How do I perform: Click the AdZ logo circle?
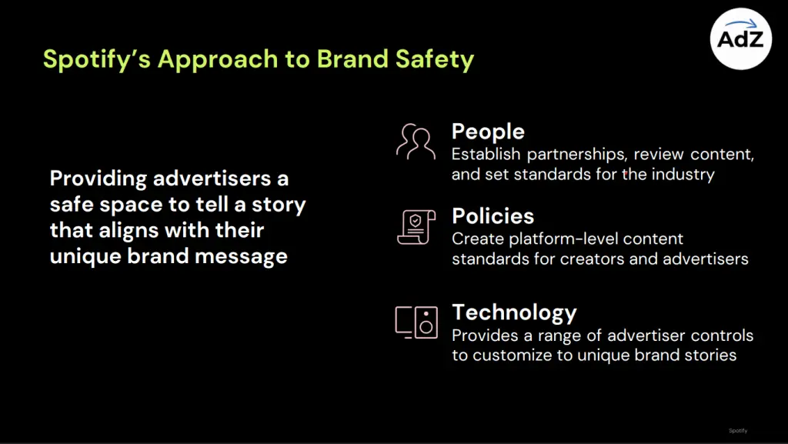740,39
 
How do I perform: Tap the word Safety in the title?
438,59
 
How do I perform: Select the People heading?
488,132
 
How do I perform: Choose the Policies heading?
493,215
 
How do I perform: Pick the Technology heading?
514,312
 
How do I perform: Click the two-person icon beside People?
416,140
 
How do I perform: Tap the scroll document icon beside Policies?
416,226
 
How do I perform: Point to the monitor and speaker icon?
416,322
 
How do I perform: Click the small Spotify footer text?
738,430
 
